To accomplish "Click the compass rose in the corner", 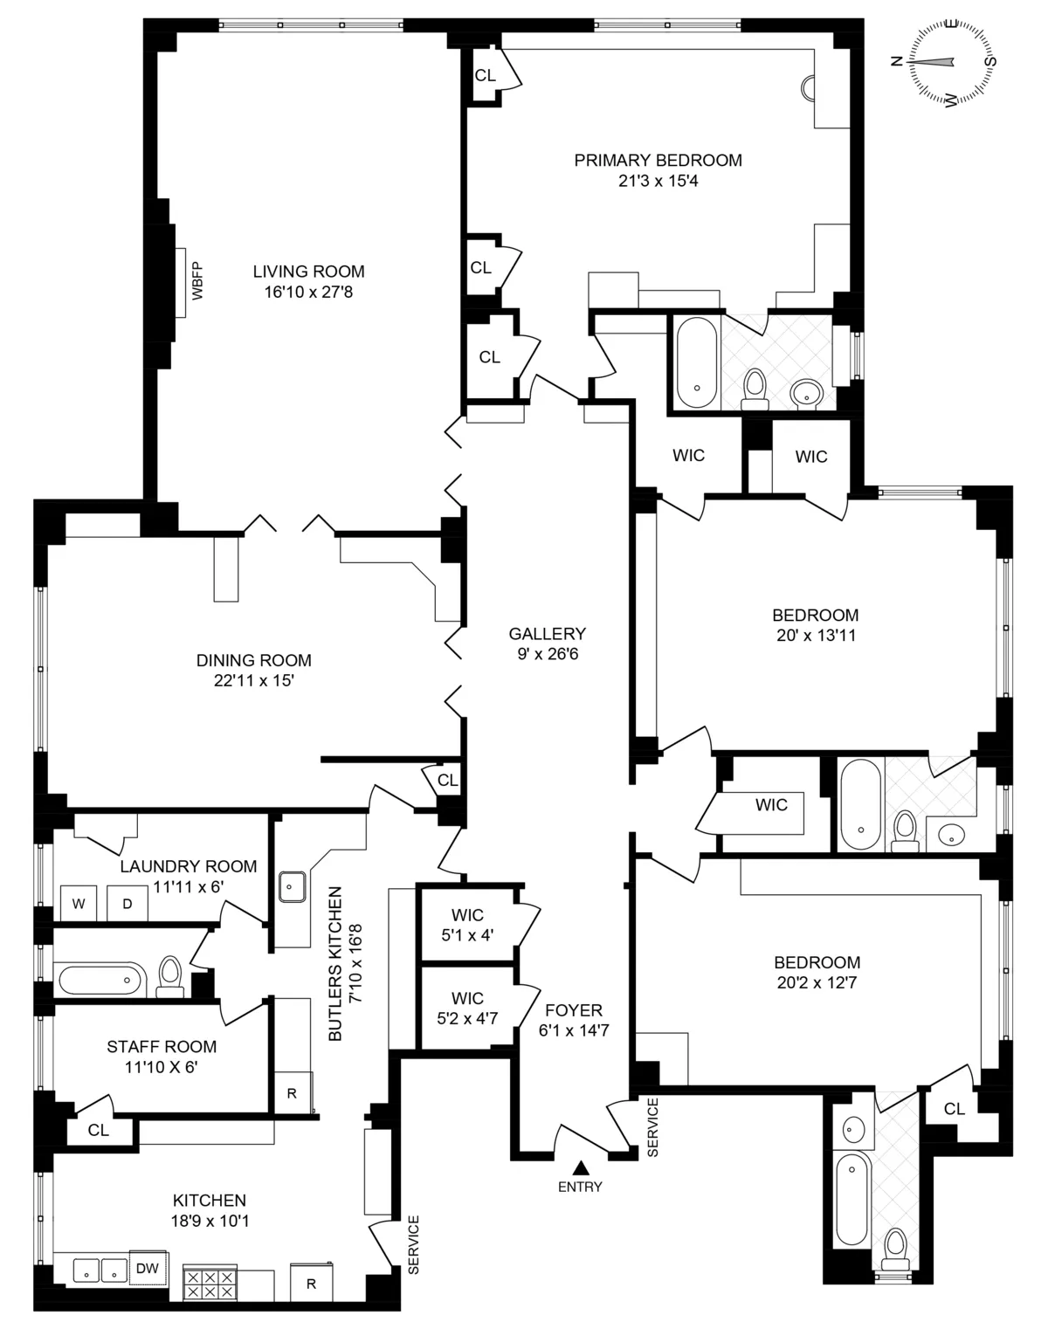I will tap(946, 62).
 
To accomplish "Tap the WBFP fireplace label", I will tap(196, 281).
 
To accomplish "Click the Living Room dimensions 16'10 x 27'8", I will tap(308, 293).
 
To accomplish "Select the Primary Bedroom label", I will tap(658, 161).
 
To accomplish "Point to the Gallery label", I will tap(548, 634).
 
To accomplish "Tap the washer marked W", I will tap(79, 904).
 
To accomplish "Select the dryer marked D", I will tap(128, 904).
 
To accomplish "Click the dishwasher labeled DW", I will tap(148, 1268).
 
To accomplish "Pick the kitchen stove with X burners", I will tap(209, 1283).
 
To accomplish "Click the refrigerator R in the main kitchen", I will tap(311, 1284).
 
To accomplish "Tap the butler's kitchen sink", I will tap(291, 886).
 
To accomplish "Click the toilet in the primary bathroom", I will tap(753, 389).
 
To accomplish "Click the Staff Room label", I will tap(162, 1046).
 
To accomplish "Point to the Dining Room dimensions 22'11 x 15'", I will tap(253, 680).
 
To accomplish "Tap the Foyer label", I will tap(574, 1010).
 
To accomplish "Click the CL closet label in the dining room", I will tap(447, 781).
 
